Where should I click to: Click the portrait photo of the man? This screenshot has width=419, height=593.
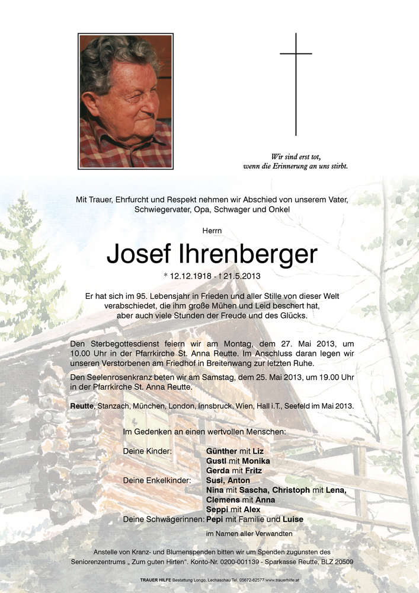(126, 101)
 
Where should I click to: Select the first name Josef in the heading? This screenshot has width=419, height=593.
(139, 254)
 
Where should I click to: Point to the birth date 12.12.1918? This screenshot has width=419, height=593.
(191, 276)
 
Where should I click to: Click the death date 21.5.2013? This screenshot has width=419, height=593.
(241, 276)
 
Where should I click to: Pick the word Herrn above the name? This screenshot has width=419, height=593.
(209, 229)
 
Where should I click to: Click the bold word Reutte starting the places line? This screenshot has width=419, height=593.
(82, 406)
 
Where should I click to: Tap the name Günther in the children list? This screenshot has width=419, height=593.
(220, 451)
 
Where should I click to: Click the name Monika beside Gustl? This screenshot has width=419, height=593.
(255, 461)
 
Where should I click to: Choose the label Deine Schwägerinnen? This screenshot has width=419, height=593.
(163, 519)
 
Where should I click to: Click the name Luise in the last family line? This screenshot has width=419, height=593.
(293, 519)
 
